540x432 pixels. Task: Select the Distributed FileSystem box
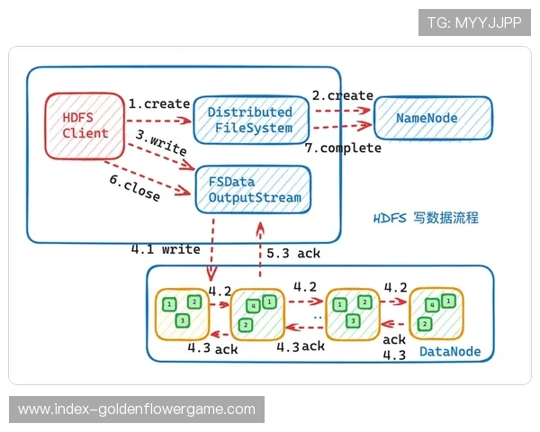[x=251, y=120]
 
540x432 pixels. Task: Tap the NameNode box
[x=433, y=118]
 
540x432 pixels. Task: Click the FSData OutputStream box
[x=254, y=189]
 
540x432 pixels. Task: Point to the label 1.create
[x=157, y=103]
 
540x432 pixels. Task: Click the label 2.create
[x=342, y=95]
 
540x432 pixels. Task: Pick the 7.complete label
[x=344, y=148]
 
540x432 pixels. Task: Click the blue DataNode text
[x=450, y=352]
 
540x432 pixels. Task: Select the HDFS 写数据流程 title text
[x=426, y=218]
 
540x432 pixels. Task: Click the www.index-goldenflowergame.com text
[x=137, y=409]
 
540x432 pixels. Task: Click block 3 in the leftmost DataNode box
[x=183, y=321]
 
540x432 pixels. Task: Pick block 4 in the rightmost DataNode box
[x=434, y=305]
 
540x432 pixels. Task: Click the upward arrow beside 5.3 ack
[x=260, y=241]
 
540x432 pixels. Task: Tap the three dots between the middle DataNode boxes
[x=317, y=317]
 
